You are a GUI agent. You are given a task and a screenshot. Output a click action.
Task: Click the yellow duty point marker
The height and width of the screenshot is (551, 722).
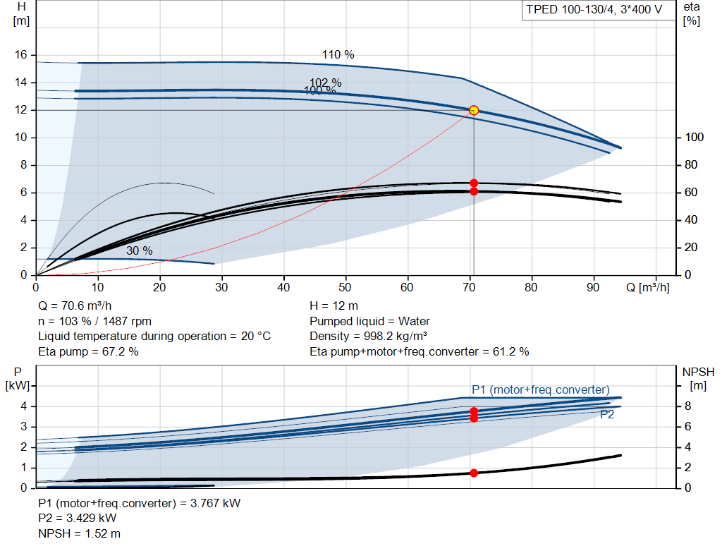(474, 111)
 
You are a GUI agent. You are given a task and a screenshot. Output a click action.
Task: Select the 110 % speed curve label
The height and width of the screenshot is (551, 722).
(338, 55)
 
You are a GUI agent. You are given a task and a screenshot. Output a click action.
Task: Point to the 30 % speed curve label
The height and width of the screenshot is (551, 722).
(140, 250)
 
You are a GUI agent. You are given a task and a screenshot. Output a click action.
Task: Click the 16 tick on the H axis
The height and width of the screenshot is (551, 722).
(20, 55)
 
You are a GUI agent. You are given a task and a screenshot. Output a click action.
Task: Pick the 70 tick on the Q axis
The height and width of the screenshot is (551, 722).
(469, 287)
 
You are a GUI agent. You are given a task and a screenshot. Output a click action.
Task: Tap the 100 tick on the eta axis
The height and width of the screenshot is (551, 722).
(694, 138)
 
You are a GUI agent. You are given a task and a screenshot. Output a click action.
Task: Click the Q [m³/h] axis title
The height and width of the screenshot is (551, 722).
(647, 287)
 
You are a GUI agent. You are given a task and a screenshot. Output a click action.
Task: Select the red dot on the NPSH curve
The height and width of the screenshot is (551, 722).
(474, 473)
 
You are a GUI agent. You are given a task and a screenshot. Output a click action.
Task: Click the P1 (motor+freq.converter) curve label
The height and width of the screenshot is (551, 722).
(541, 389)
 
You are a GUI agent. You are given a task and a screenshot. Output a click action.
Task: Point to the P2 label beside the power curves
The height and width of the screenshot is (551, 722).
(607, 415)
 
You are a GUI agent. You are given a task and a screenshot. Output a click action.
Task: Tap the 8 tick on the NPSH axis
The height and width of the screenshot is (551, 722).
(687, 406)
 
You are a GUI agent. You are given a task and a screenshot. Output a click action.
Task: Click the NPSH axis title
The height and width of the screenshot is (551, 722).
(698, 378)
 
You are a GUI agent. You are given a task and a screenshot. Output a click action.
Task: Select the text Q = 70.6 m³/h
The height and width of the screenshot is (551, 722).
(75, 306)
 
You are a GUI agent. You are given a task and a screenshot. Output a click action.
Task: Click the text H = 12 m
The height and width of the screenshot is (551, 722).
(334, 306)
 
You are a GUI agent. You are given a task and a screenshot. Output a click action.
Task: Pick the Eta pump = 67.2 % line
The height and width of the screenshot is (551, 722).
(88, 352)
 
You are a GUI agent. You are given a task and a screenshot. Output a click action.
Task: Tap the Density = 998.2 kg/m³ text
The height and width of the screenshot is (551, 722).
(368, 337)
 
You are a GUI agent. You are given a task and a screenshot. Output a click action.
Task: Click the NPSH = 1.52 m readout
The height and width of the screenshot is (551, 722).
(79, 533)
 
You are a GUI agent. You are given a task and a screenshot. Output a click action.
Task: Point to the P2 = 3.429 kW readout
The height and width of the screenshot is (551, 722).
(78, 519)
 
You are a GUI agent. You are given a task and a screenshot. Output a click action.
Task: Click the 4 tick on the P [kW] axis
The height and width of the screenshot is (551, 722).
(23, 406)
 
